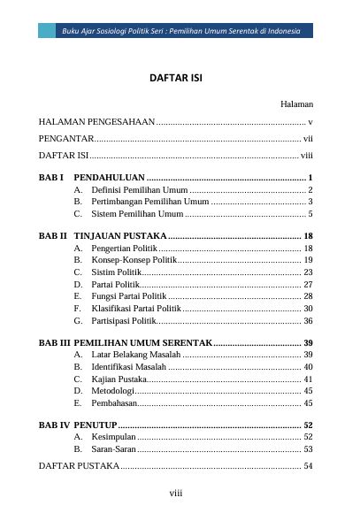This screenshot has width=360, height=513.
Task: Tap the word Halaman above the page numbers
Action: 297,103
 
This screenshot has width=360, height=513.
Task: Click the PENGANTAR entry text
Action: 66,139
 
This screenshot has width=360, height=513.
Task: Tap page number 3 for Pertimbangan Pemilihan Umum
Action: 310,202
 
